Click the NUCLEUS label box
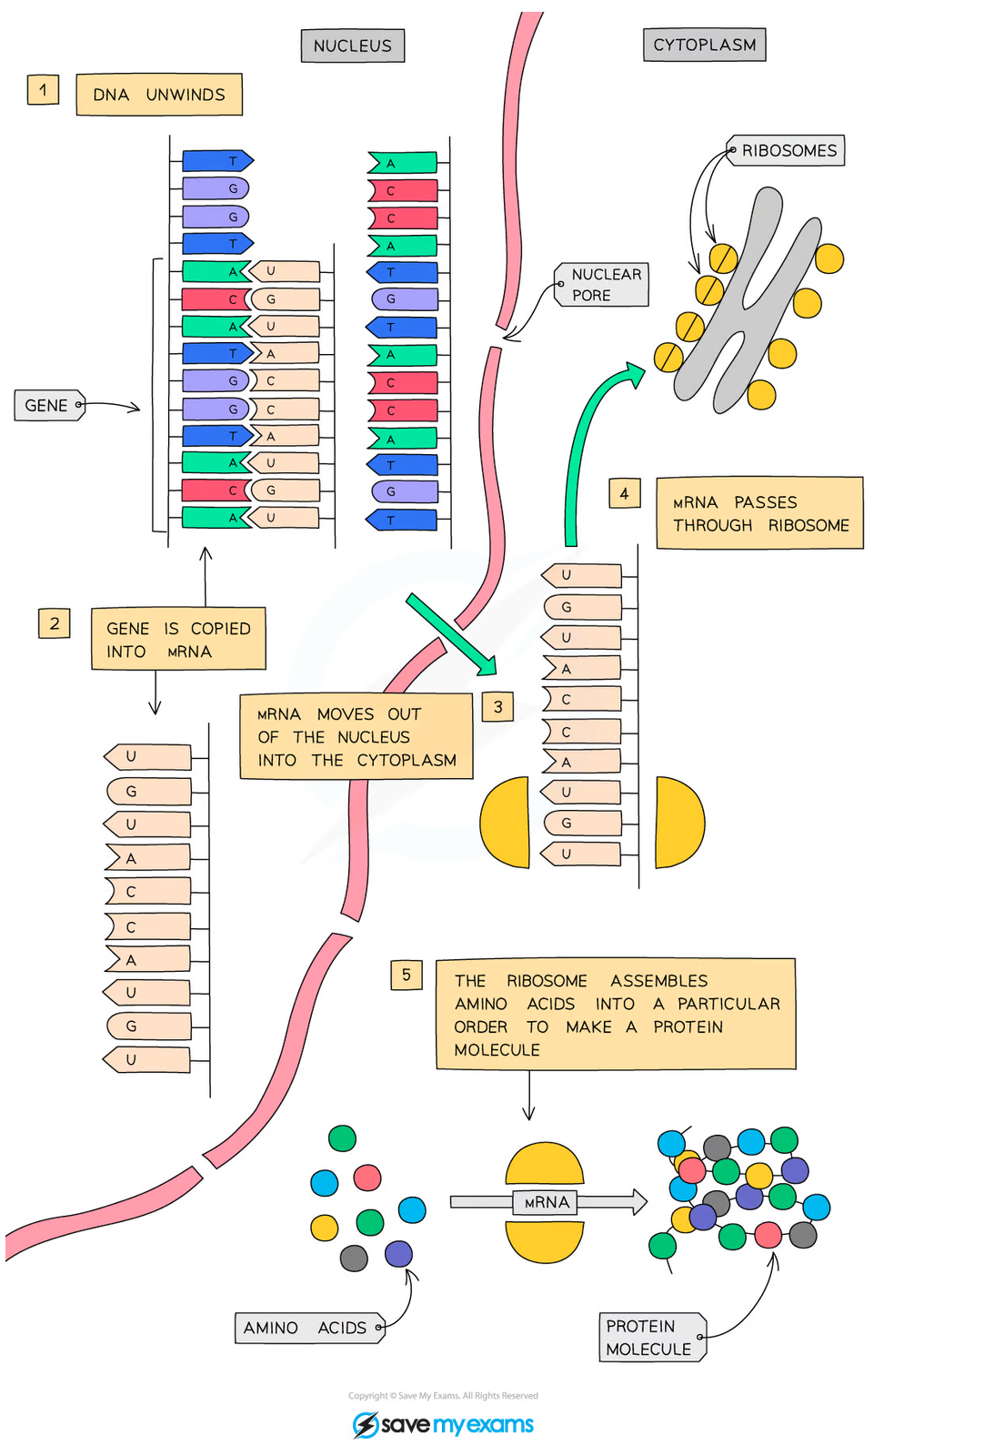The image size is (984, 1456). [x=353, y=45]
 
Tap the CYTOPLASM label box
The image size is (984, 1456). [x=704, y=45]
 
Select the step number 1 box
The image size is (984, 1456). [x=43, y=90]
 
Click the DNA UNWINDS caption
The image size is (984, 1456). [x=159, y=95]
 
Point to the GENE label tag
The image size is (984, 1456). [x=49, y=405]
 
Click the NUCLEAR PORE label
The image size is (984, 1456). [x=603, y=285]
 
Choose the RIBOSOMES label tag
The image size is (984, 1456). [x=788, y=150]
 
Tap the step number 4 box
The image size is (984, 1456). [x=625, y=493]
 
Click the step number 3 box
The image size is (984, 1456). [x=497, y=706]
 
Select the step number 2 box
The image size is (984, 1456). [x=55, y=623]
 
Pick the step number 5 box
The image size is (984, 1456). [x=407, y=975]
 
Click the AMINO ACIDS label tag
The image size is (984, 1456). [x=308, y=1328]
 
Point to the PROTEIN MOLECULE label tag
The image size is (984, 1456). [x=650, y=1338]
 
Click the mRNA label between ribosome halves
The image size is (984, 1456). [x=547, y=1202]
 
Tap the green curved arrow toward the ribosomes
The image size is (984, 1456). [x=582, y=437]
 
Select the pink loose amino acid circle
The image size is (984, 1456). [x=367, y=1178]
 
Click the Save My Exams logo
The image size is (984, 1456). [x=443, y=1424]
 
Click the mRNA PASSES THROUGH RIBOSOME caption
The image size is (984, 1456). [x=759, y=513]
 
